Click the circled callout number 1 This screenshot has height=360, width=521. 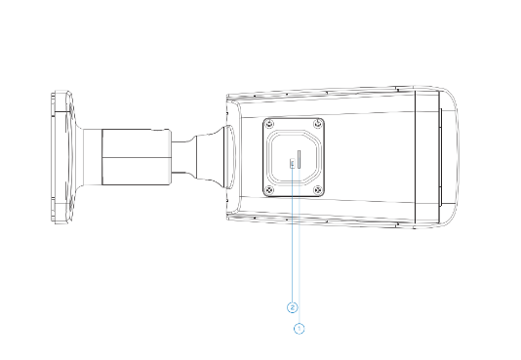click(300, 329)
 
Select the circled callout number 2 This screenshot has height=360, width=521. click(292, 308)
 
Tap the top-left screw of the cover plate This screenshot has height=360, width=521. click(269, 124)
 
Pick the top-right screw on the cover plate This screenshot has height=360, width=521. click(318, 124)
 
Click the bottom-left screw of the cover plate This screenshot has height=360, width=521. click(269, 190)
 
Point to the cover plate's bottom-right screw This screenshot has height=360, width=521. click(318, 190)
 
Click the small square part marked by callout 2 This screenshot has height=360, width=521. click(293, 163)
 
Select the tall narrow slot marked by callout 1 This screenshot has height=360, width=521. click(300, 159)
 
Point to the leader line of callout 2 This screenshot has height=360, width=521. click(292, 235)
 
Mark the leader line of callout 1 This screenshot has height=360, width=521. click(300, 246)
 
